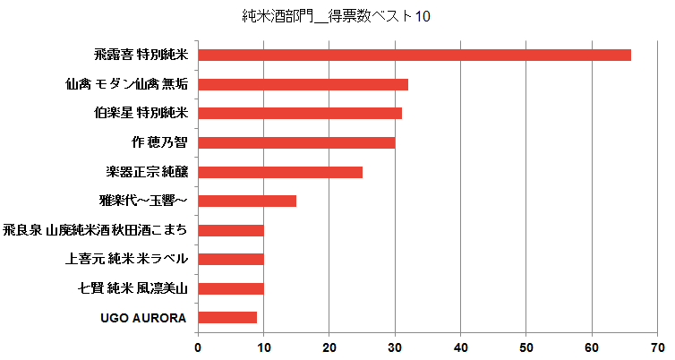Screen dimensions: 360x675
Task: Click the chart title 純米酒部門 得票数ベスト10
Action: click(x=337, y=17)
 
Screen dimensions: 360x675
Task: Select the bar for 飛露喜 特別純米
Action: click(x=414, y=55)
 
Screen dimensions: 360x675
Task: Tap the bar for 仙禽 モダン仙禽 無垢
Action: click(x=303, y=84)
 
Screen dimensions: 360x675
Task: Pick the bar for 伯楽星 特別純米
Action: click(x=299, y=113)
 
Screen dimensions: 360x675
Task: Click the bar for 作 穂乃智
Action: click(x=295, y=142)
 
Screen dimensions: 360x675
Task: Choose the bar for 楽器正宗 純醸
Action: click(x=279, y=172)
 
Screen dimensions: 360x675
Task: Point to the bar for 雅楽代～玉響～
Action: click(x=246, y=201)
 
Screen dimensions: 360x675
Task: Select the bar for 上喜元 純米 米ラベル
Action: click(x=230, y=259)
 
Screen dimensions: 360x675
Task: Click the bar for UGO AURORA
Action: click(x=226, y=317)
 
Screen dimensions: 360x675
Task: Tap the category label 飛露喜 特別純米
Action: click(x=141, y=55)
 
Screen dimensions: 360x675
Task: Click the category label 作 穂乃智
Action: click(x=158, y=142)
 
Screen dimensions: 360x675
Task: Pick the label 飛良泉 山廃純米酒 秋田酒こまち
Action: click(x=96, y=230)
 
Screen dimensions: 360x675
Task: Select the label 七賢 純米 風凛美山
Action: click(x=134, y=288)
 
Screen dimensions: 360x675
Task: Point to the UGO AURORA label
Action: click(x=144, y=318)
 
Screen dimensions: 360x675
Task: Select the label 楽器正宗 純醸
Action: click(x=147, y=172)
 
